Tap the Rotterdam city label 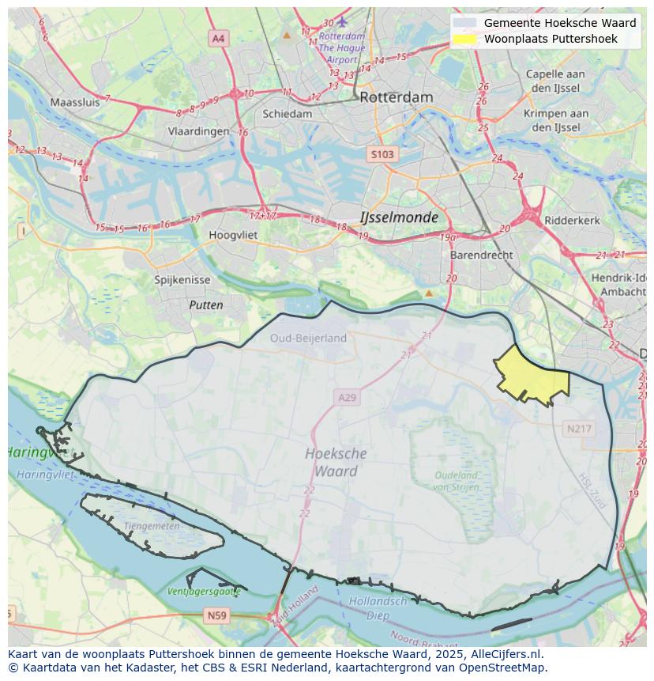click(396, 97)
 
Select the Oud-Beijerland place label click(308, 338)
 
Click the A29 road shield click(347, 397)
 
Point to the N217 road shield click(579, 429)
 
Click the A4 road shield click(218, 37)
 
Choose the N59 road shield click(216, 615)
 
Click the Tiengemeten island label click(151, 526)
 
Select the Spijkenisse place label click(182, 280)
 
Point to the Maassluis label click(75, 102)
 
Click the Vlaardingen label click(198, 132)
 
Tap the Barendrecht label click(481, 255)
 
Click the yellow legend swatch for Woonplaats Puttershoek click(465, 39)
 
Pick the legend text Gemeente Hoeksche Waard click(559, 23)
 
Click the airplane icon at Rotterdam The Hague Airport click(342, 21)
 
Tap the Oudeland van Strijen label click(456, 481)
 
